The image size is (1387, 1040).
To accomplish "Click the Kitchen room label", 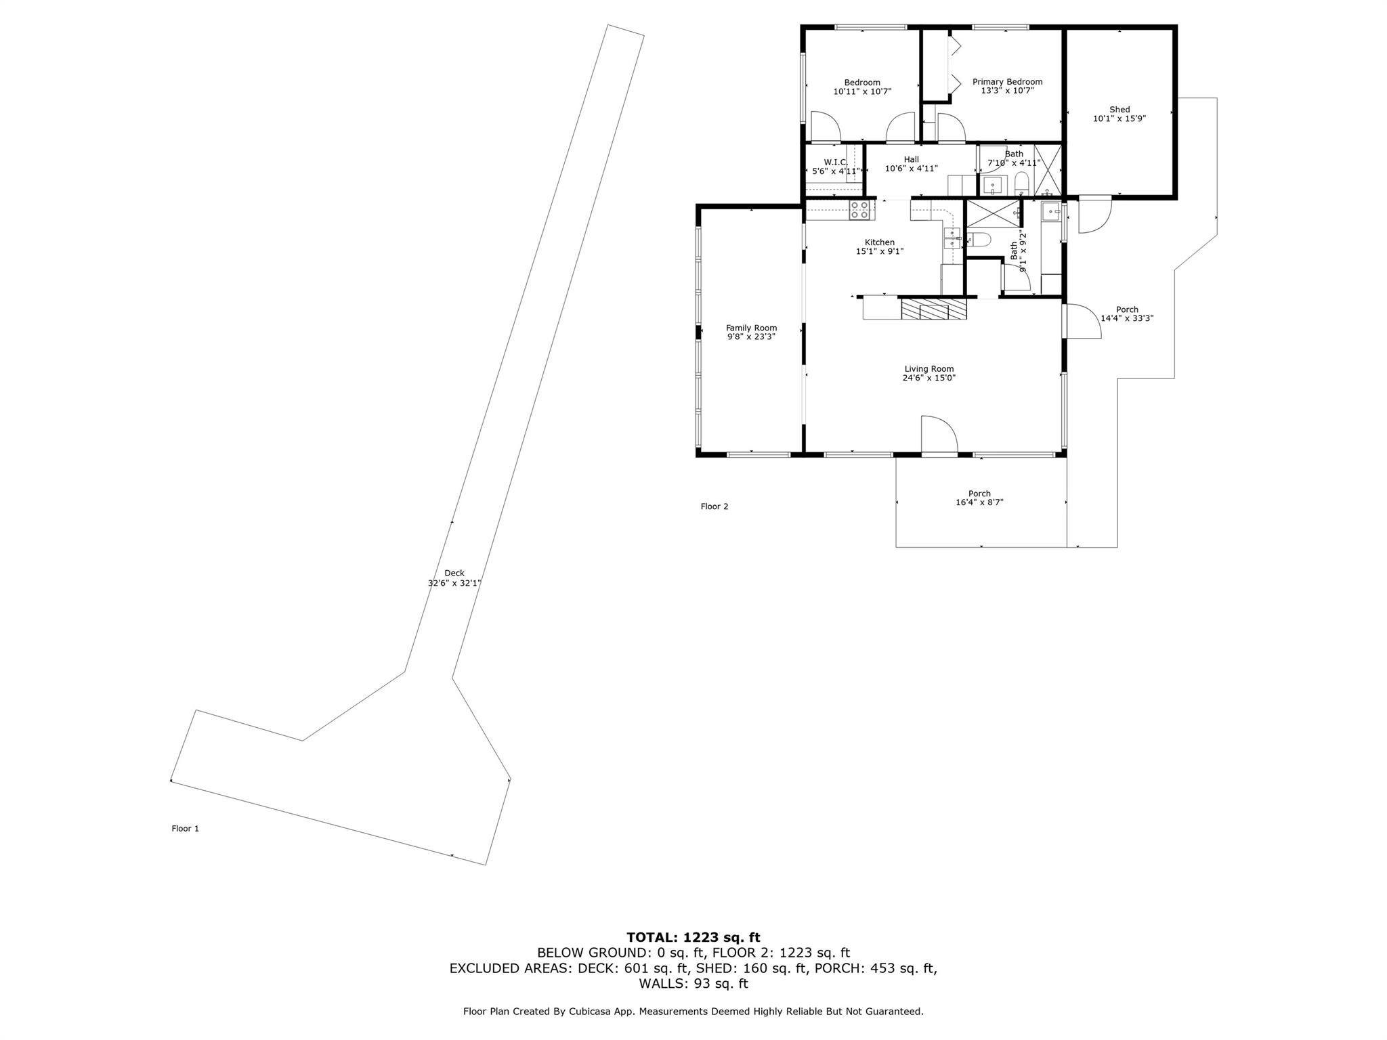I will point(879,242).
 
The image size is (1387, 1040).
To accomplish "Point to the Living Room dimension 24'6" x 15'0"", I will point(929,378).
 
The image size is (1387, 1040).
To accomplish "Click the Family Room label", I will point(751,328).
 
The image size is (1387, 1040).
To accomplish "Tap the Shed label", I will point(1119,110).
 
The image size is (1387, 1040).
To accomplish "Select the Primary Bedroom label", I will point(1007,82).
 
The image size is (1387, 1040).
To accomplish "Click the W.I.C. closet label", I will point(835,162).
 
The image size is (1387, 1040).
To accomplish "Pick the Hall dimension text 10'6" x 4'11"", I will point(911,169).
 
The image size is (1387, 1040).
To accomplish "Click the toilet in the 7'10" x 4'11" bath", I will point(1022,183).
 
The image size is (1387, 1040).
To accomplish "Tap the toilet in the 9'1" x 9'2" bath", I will point(978,238).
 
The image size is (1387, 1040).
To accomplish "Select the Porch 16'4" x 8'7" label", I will point(979,494).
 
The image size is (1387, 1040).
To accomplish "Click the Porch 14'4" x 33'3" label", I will point(1127,309).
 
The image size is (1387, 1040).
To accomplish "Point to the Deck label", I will point(454,573).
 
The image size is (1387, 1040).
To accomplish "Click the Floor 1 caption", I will point(185,828).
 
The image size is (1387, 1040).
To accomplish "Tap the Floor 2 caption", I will point(714,506).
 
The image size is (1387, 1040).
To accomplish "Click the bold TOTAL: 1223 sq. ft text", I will point(693,938).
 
